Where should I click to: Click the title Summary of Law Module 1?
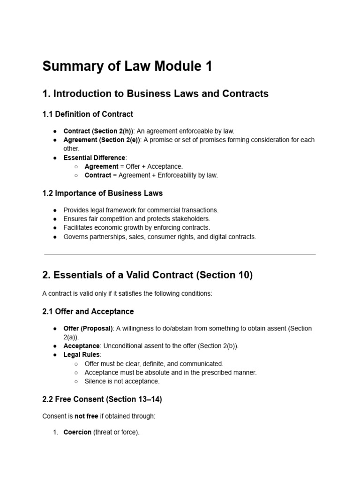(x=127, y=67)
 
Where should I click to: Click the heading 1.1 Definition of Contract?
(x=88, y=114)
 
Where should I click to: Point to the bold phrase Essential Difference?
(x=94, y=157)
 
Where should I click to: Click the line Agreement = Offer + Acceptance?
(x=134, y=166)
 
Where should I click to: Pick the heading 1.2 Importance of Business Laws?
(x=102, y=193)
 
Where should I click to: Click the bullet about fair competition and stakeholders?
(x=137, y=219)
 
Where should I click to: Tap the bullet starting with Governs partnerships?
(x=160, y=237)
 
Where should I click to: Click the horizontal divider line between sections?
(x=180, y=255)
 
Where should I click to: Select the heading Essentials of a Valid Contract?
(x=147, y=275)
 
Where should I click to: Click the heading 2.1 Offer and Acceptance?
(x=88, y=311)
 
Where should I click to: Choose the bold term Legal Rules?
(x=82, y=355)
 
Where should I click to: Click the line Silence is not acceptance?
(x=122, y=381)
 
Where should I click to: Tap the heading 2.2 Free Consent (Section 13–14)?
(x=102, y=399)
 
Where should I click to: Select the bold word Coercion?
(x=77, y=432)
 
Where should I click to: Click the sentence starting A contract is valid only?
(x=127, y=293)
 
